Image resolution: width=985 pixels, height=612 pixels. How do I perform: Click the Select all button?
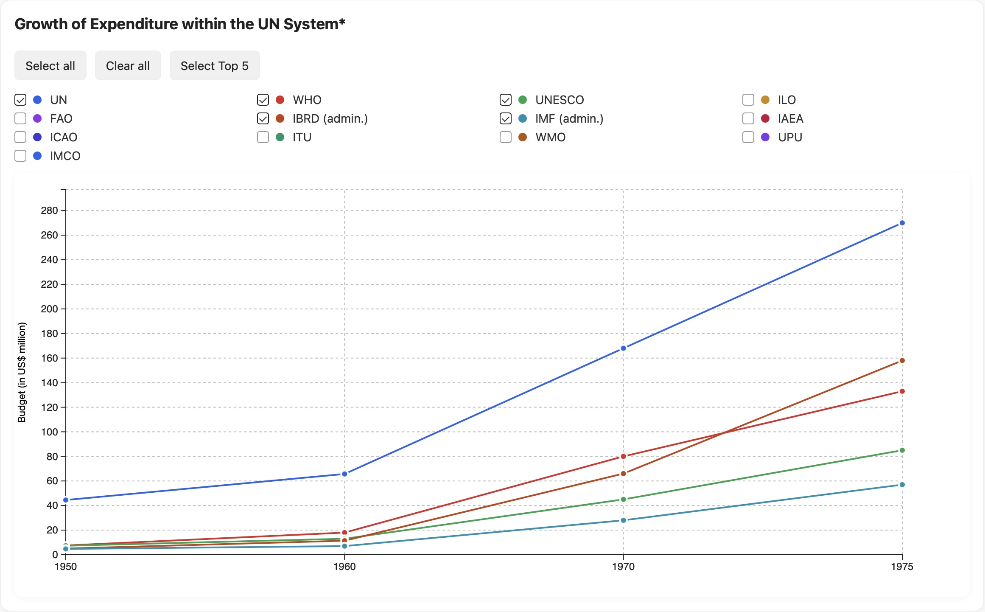click(50, 66)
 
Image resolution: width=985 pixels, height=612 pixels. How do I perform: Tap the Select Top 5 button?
click(214, 66)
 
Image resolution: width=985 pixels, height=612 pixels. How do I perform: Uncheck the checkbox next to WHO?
click(263, 100)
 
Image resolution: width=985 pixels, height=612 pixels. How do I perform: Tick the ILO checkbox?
click(748, 100)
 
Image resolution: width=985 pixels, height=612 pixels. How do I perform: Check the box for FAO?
click(20, 118)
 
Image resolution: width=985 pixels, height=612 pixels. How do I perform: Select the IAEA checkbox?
click(748, 118)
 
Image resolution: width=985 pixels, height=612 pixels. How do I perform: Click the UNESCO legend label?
click(559, 100)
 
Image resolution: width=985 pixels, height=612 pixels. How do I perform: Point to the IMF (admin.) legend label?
click(569, 118)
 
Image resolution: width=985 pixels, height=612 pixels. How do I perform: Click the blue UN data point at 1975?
click(902, 223)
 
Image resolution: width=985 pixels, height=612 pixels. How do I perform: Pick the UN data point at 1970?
click(623, 348)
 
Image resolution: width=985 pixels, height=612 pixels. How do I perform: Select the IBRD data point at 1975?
click(902, 361)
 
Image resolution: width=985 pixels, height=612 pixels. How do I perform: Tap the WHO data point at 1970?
click(623, 456)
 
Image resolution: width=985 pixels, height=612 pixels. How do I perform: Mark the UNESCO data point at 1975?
click(902, 450)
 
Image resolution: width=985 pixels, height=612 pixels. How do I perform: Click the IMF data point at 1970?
click(623, 520)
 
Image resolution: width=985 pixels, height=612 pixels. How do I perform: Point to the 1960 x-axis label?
click(344, 567)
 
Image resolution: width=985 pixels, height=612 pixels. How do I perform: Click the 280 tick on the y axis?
click(49, 211)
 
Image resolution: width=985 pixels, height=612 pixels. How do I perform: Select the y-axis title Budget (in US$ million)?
click(22, 372)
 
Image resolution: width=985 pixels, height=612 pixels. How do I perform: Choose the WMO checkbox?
click(506, 137)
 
